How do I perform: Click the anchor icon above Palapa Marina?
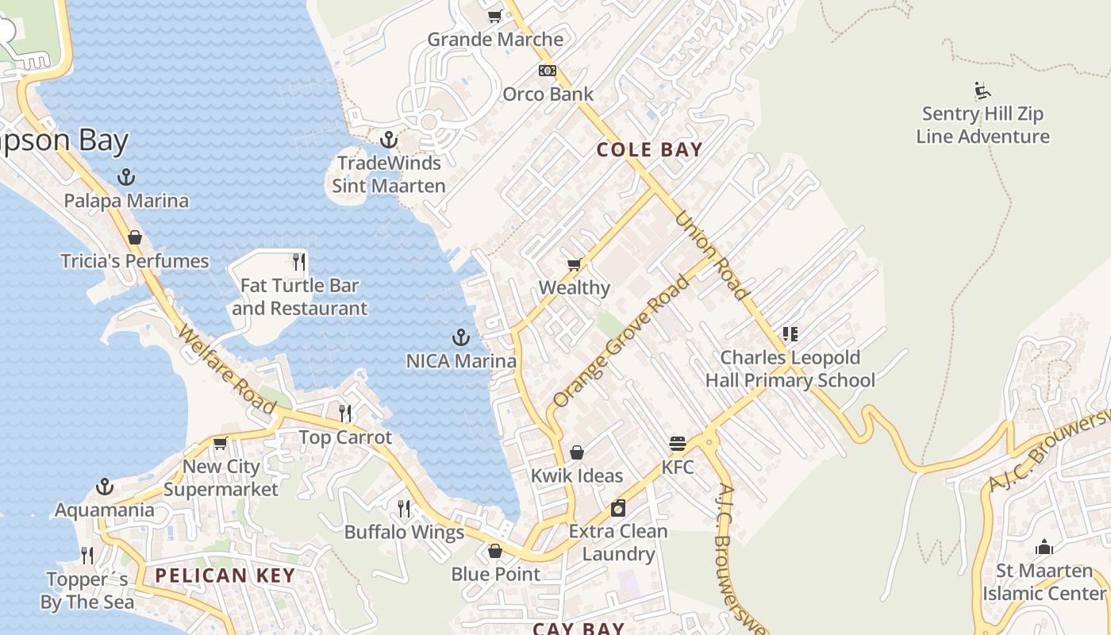coord(125,177)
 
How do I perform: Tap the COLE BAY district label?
coord(649,149)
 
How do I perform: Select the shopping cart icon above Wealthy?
coord(574,264)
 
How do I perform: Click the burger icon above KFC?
coord(677,443)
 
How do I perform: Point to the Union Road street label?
coord(712,256)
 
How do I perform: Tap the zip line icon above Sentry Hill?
coord(982,90)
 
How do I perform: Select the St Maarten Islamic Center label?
coord(1044,582)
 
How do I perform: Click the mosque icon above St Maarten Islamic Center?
coord(1044,547)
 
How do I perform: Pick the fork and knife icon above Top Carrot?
coord(345,413)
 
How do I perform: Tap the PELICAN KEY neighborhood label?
coord(225,575)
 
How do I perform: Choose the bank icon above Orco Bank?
coord(548,71)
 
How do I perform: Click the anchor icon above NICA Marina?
coord(460,337)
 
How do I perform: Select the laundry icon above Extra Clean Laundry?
coord(618,508)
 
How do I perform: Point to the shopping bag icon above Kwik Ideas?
coord(577,452)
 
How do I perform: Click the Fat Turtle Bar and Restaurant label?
coord(299,297)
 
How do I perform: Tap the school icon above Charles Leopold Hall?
coord(790,334)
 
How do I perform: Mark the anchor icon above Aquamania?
coord(104,486)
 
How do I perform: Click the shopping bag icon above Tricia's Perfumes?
coord(135,237)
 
